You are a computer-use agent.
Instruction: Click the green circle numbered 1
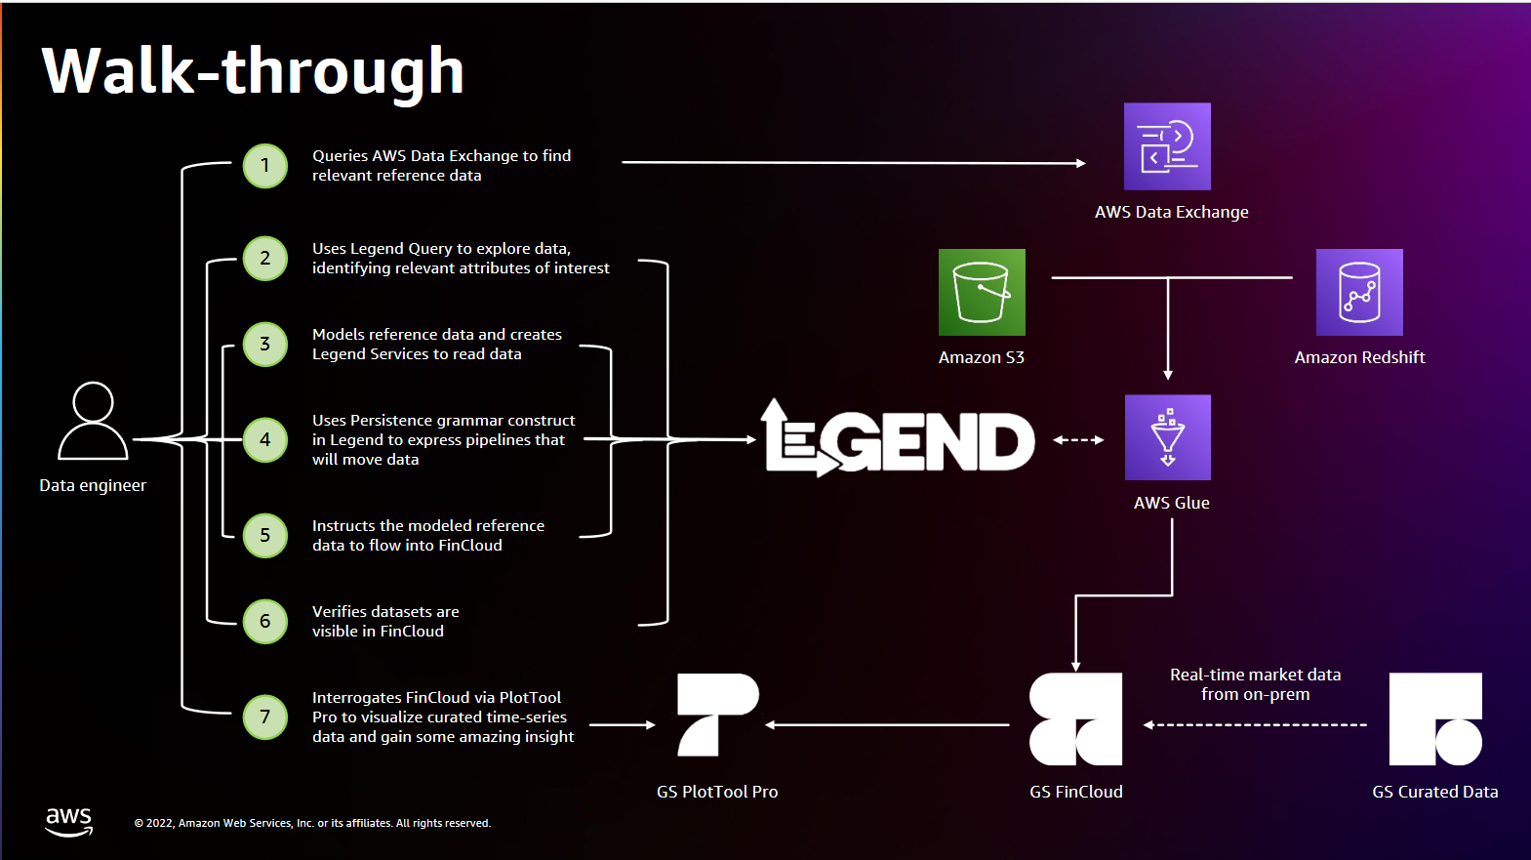click(264, 166)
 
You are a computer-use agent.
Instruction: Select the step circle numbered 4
click(264, 439)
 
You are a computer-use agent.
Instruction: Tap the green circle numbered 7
click(264, 717)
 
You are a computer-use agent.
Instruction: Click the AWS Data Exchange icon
click(1167, 146)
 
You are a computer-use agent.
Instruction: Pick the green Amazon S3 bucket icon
click(982, 292)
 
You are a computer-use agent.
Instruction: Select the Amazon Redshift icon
click(1359, 292)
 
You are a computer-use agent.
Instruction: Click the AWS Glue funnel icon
click(1167, 437)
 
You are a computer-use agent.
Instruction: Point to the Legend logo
click(898, 439)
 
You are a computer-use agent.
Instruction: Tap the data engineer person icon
click(93, 421)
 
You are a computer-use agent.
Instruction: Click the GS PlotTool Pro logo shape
click(717, 715)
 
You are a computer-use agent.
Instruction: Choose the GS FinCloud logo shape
click(1075, 719)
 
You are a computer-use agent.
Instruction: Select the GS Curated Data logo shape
click(1435, 719)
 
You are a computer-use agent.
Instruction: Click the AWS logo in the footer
click(68, 821)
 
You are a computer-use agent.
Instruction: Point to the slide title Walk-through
click(253, 70)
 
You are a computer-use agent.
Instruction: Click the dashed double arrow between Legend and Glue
click(1078, 440)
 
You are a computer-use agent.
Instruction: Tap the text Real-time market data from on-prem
click(1255, 684)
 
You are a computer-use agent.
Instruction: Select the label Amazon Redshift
click(1359, 357)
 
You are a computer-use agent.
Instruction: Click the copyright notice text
click(312, 823)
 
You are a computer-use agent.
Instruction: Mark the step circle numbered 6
click(264, 621)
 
